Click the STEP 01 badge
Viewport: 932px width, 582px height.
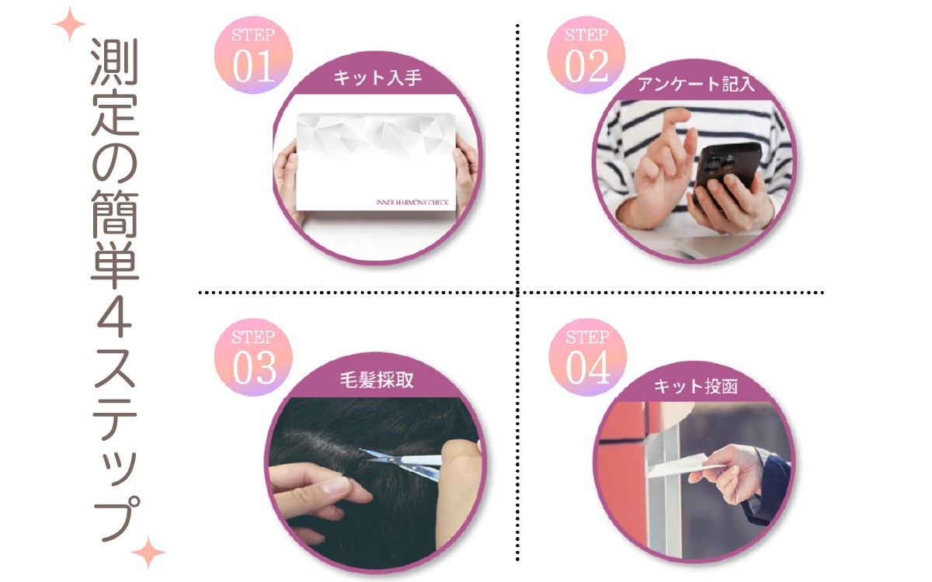tap(253, 55)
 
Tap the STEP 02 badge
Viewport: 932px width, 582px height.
tap(586, 55)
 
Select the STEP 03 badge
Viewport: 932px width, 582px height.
tap(253, 358)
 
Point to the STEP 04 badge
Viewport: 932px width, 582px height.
tap(587, 358)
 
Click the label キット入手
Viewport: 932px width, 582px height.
tap(377, 78)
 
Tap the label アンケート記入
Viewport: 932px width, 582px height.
tap(696, 84)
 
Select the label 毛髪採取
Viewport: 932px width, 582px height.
tap(377, 379)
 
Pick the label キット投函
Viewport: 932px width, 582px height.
tap(696, 386)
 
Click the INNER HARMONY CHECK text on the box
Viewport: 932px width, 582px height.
tap(412, 203)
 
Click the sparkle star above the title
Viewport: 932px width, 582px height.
tap(70, 24)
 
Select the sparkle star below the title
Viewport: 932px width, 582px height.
tap(148, 553)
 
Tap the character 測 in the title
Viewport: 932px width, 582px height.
tap(114, 61)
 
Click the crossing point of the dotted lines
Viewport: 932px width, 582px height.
tap(517, 293)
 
